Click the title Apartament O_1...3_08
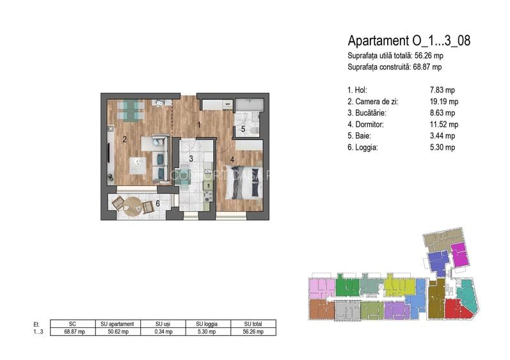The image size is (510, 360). [409, 41]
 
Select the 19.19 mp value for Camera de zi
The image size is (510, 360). [444, 102]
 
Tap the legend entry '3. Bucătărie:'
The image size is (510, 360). [367, 113]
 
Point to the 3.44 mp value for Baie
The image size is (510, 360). [442, 136]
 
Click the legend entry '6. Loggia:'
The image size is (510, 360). [363, 148]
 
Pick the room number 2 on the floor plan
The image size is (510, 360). [125, 139]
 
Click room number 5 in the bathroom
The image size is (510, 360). [243, 129]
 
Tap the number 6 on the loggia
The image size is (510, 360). [158, 203]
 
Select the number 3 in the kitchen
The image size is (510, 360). [191, 159]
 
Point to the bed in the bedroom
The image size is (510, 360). [244, 183]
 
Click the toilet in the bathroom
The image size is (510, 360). [253, 130]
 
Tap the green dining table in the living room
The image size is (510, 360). [130, 111]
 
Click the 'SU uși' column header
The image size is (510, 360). [163, 324]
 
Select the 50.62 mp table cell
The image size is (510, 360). [118, 332]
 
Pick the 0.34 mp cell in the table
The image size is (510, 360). [163, 332]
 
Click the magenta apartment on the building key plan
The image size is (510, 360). [460, 254]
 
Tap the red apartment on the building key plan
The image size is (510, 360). [457, 309]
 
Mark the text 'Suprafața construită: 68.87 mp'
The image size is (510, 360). [395, 67]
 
